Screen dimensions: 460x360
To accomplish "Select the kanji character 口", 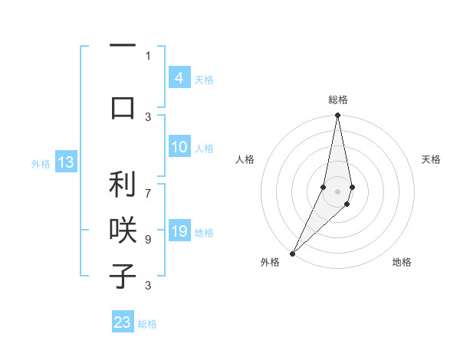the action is (123, 106).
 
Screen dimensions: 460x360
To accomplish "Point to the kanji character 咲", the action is (123, 231).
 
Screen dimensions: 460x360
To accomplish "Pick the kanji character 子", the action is (123, 276).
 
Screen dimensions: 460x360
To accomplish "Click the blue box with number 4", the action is (179, 77).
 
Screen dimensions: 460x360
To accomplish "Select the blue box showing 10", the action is (179, 147).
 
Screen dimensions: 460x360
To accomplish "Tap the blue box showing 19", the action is (179, 231).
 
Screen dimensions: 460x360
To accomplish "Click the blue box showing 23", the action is (122, 322).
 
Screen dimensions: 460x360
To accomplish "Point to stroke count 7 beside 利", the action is (148, 186).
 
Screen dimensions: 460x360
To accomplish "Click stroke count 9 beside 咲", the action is (148, 239).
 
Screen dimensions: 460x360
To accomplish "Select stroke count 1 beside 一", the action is (148, 56).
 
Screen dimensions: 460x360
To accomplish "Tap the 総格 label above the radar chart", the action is (338, 100).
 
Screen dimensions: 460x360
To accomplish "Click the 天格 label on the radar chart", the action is (432, 159).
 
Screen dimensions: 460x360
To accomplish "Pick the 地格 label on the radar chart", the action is (402, 262).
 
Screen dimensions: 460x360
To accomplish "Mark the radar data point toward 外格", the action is (292, 253).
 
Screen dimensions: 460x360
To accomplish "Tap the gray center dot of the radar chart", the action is (338, 191).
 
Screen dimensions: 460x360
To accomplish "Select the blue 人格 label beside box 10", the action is (204, 148).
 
